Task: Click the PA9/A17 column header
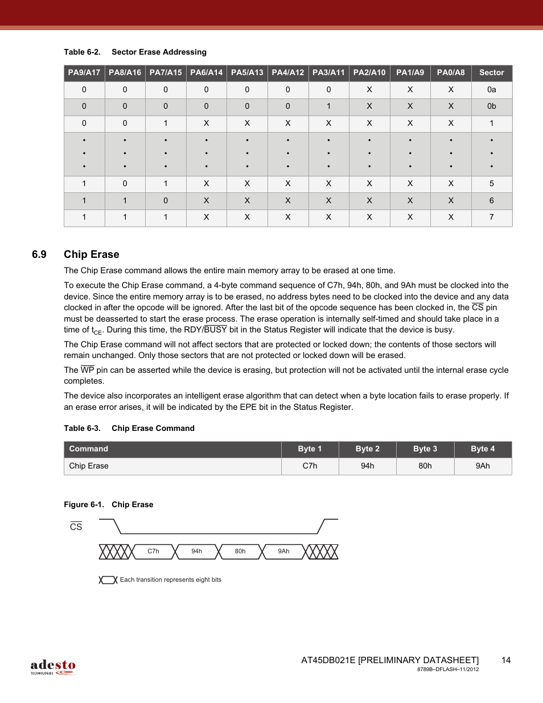(84, 73)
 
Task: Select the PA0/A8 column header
(451, 73)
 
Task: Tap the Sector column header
(492, 73)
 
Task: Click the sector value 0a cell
(492, 90)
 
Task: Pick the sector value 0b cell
(492, 106)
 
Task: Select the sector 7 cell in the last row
(492, 217)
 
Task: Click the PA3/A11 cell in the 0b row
(328, 106)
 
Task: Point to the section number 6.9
(39, 254)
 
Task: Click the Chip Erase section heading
(92, 254)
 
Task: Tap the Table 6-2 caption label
(82, 52)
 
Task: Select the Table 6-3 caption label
(82, 429)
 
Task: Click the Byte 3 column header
(425, 449)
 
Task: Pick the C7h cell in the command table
(310, 466)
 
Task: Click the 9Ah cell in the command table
(483, 466)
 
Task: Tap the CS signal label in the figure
(76, 527)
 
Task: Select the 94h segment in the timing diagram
(197, 552)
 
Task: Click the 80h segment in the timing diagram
(240, 552)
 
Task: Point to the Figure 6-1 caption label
(84, 505)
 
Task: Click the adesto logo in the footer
(53, 667)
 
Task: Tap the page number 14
(506, 660)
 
